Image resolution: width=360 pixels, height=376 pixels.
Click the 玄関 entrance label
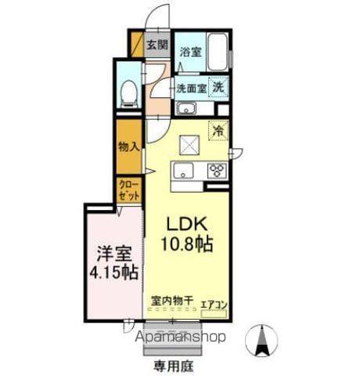(157, 45)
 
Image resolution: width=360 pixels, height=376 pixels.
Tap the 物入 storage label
(128, 146)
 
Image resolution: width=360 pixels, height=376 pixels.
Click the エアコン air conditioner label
(213, 304)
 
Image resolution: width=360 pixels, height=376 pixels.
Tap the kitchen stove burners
(216, 171)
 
